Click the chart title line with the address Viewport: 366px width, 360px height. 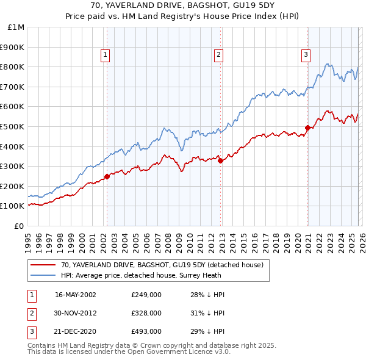(182, 5)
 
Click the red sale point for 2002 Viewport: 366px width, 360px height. (107, 176)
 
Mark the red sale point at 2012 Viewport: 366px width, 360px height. (220, 160)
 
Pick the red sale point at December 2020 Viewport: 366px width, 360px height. (307, 128)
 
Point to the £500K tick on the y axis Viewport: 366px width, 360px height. (13, 126)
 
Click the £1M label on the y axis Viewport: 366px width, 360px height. (16, 27)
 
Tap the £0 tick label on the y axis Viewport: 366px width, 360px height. (19, 226)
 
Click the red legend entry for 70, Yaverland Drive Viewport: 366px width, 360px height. (162, 265)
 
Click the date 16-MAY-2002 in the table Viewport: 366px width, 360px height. (75, 295)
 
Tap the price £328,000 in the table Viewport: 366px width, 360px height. (146, 312)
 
